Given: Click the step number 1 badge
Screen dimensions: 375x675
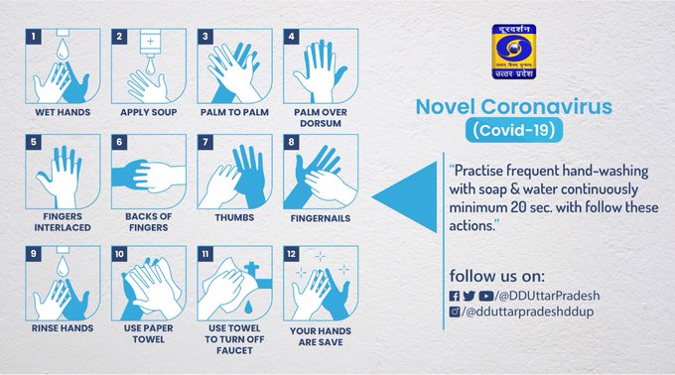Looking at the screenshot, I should [32, 37].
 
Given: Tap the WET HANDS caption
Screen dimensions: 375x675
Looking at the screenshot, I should [64, 112].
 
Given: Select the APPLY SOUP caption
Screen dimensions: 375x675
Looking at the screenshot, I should [148, 112].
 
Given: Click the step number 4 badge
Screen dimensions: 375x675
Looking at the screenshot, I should [290, 37].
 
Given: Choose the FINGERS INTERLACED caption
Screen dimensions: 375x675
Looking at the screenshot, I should [64, 221].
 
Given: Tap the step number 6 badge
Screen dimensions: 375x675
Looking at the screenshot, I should [118, 143].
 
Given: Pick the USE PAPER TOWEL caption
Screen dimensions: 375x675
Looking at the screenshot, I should [148, 330].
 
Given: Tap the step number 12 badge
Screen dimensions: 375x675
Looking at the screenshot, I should [291, 253].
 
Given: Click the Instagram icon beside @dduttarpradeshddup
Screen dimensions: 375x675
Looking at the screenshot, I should [455, 312].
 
